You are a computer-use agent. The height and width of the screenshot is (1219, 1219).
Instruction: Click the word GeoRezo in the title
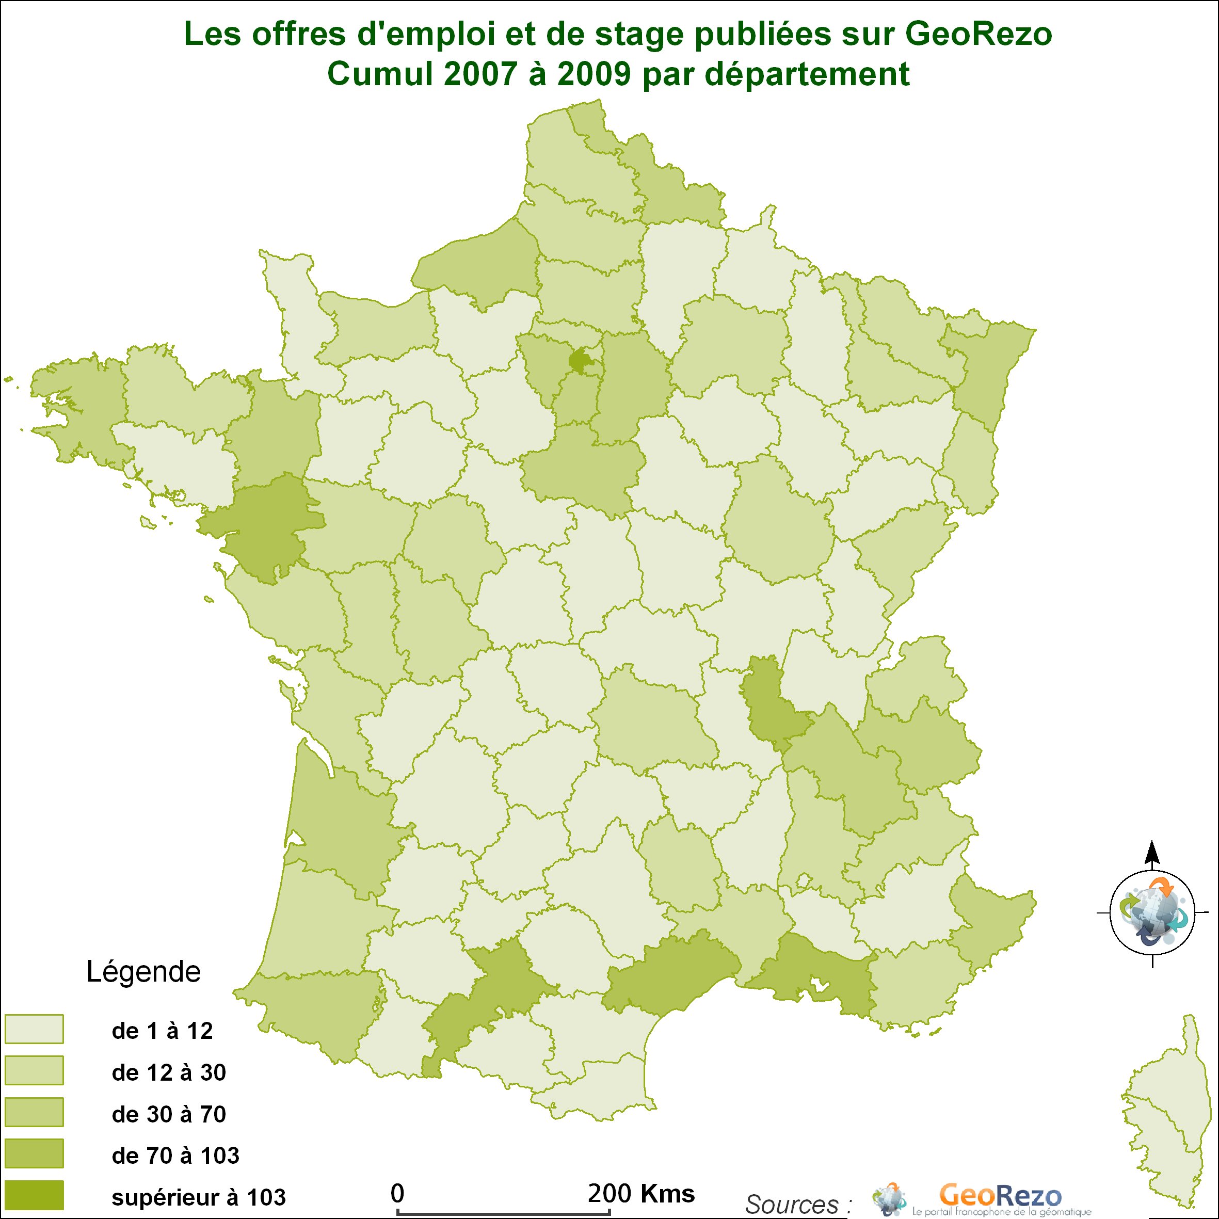[x=979, y=35]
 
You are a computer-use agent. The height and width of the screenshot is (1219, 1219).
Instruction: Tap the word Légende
[x=143, y=972]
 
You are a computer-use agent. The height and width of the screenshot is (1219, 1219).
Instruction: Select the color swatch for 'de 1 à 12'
[x=34, y=1029]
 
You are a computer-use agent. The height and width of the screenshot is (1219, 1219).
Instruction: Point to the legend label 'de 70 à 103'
[x=175, y=1156]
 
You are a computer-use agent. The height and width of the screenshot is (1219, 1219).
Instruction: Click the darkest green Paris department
[x=579, y=360]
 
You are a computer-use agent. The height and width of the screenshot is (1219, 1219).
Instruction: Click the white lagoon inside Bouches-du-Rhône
[x=820, y=984]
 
